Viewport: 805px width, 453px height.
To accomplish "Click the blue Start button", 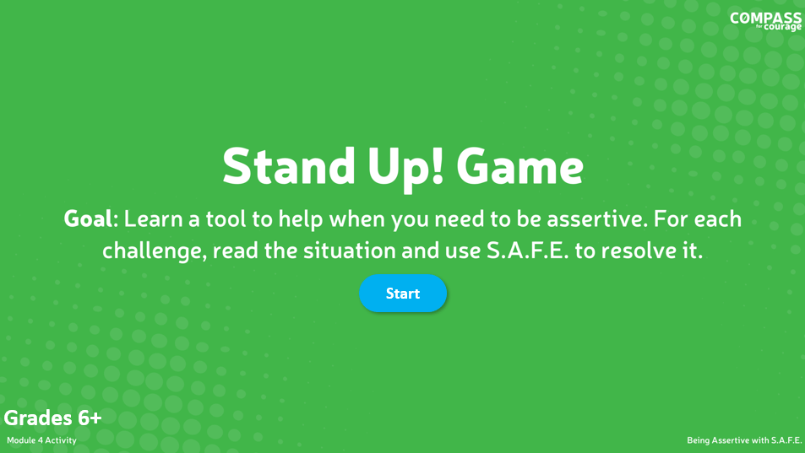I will click(x=403, y=294).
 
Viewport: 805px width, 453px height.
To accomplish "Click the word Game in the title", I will click(x=519, y=166).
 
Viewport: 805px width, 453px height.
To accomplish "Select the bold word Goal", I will click(x=88, y=219).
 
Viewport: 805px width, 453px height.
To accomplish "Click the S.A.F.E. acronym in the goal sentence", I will click(x=527, y=251).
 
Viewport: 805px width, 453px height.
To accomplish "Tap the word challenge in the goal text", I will click(x=155, y=251).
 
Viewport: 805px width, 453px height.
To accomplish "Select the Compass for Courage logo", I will click(x=765, y=20).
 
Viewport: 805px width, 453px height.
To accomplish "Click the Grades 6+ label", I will click(x=52, y=418).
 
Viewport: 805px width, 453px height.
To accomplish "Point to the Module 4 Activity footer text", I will click(x=41, y=440).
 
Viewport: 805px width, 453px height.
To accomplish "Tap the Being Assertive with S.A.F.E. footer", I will click(x=743, y=440).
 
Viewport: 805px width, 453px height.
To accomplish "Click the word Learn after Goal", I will click(x=155, y=219).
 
